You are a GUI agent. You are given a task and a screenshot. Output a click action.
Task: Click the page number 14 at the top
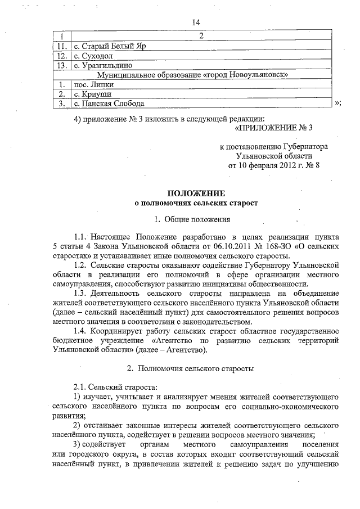(196, 22)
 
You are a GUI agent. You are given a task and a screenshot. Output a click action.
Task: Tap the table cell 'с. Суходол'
(93, 56)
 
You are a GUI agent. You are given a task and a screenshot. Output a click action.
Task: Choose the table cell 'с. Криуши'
(93, 94)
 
